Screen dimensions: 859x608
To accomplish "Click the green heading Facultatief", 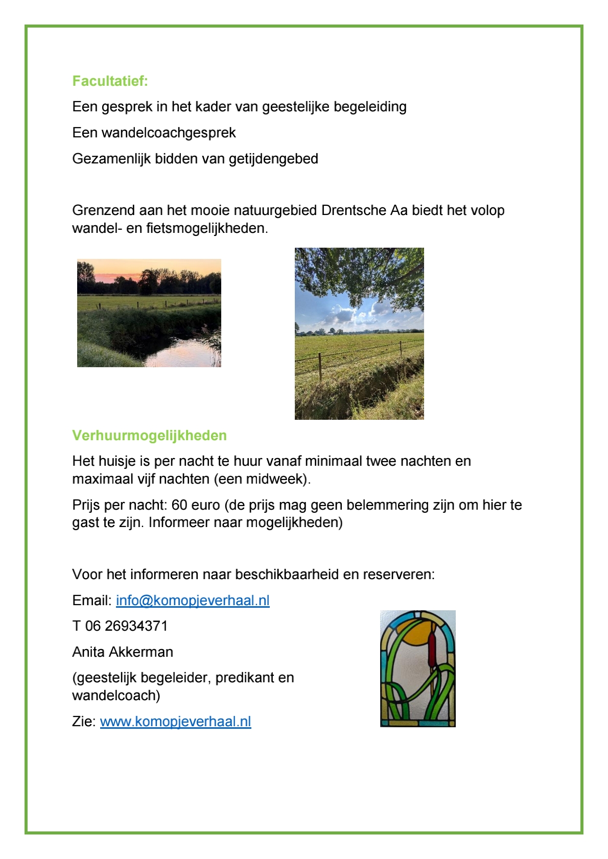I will (x=110, y=81).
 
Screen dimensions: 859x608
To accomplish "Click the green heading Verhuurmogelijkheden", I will (x=149, y=436).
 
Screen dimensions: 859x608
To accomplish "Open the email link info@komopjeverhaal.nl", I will (x=193, y=601).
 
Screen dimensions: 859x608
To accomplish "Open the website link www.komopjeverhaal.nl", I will (x=175, y=722).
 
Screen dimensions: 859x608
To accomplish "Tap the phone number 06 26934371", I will (x=126, y=626).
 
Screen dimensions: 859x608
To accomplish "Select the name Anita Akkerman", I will (x=123, y=652).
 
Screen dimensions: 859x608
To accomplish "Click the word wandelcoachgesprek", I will (x=169, y=133).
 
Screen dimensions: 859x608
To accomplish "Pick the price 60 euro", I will (x=196, y=505).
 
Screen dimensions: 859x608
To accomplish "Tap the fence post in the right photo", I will (x=320, y=366).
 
